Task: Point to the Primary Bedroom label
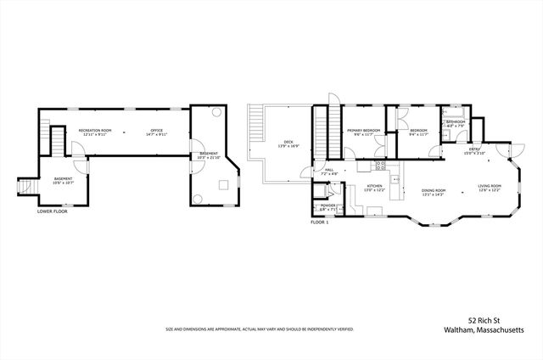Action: (363, 131)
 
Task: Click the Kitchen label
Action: (374, 187)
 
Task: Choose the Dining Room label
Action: (434, 191)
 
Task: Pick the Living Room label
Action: (489, 187)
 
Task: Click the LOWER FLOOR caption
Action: (52, 211)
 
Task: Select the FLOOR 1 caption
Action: (319, 222)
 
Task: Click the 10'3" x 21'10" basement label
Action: (208, 156)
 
